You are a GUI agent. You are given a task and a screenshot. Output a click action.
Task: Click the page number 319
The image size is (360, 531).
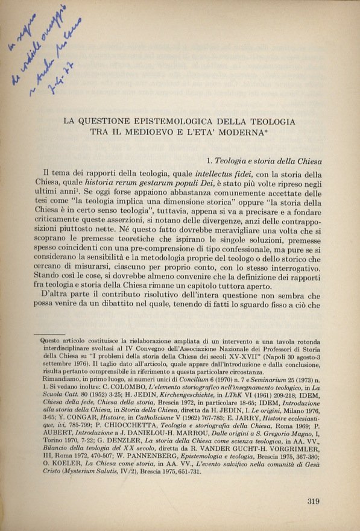coord(314,499)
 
